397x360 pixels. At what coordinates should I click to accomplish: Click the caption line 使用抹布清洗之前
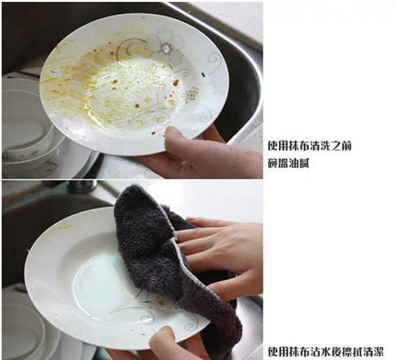click(x=309, y=146)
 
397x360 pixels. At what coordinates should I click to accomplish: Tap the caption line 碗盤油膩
click(x=288, y=164)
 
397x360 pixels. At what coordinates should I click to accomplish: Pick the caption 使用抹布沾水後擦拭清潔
click(x=326, y=352)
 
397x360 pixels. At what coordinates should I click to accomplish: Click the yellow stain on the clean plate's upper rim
click(x=64, y=226)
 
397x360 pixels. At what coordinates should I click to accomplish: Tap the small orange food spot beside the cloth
click(x=161, y=302)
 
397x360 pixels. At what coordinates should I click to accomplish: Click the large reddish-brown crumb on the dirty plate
click(x=176, y=82)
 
